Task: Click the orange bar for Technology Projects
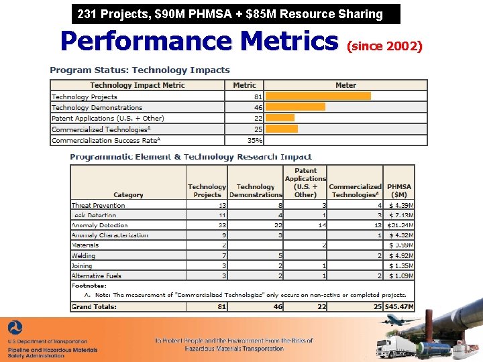(x=318, y=96)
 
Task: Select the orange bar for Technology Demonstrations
(x=295, y=107)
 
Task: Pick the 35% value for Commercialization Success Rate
(x=255, y=140)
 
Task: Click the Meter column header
(x=345, y=85)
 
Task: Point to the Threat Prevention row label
(x=98, y=205)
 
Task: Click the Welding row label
(x=84, y=255)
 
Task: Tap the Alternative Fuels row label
(x=97, y=276)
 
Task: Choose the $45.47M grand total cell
(x=398, y=306)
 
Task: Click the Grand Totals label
(x=94, y=306)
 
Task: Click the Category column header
(x=128, y=194)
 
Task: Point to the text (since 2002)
(x=384, y=46)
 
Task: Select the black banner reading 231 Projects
(x=235, y=14)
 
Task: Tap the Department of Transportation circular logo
(x=15, y=329)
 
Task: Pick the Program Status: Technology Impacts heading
(x=140, y=70)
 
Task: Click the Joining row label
(x=82, y=265)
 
